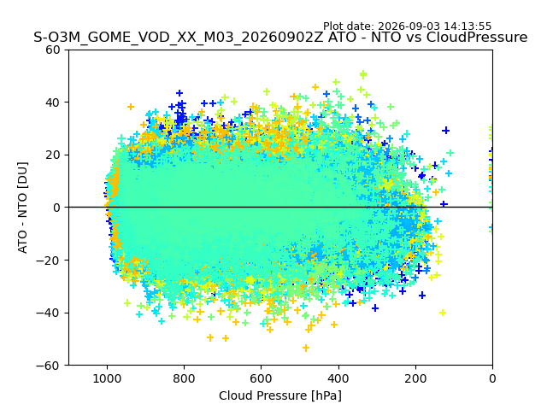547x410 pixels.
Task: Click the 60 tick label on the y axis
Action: point(53,50)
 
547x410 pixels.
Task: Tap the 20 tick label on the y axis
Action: point(53,155)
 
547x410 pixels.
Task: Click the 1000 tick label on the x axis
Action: point(107,378)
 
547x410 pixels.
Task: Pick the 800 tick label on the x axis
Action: point(185,378)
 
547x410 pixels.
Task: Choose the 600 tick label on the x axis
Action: point(262,378)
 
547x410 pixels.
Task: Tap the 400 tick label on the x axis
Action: point(338,378)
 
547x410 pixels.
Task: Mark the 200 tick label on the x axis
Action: point(415,378)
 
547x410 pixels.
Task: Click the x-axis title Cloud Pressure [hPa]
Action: point(280,395)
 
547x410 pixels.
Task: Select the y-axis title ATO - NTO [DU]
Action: point(23,208)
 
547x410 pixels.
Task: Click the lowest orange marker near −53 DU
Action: point(306,348)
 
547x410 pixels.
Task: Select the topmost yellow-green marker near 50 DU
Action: point(363,74)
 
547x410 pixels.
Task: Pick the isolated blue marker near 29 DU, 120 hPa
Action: point(445,131)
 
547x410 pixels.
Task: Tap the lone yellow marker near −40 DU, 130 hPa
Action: point(443,313)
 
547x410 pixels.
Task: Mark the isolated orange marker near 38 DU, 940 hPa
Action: point(131,107)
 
